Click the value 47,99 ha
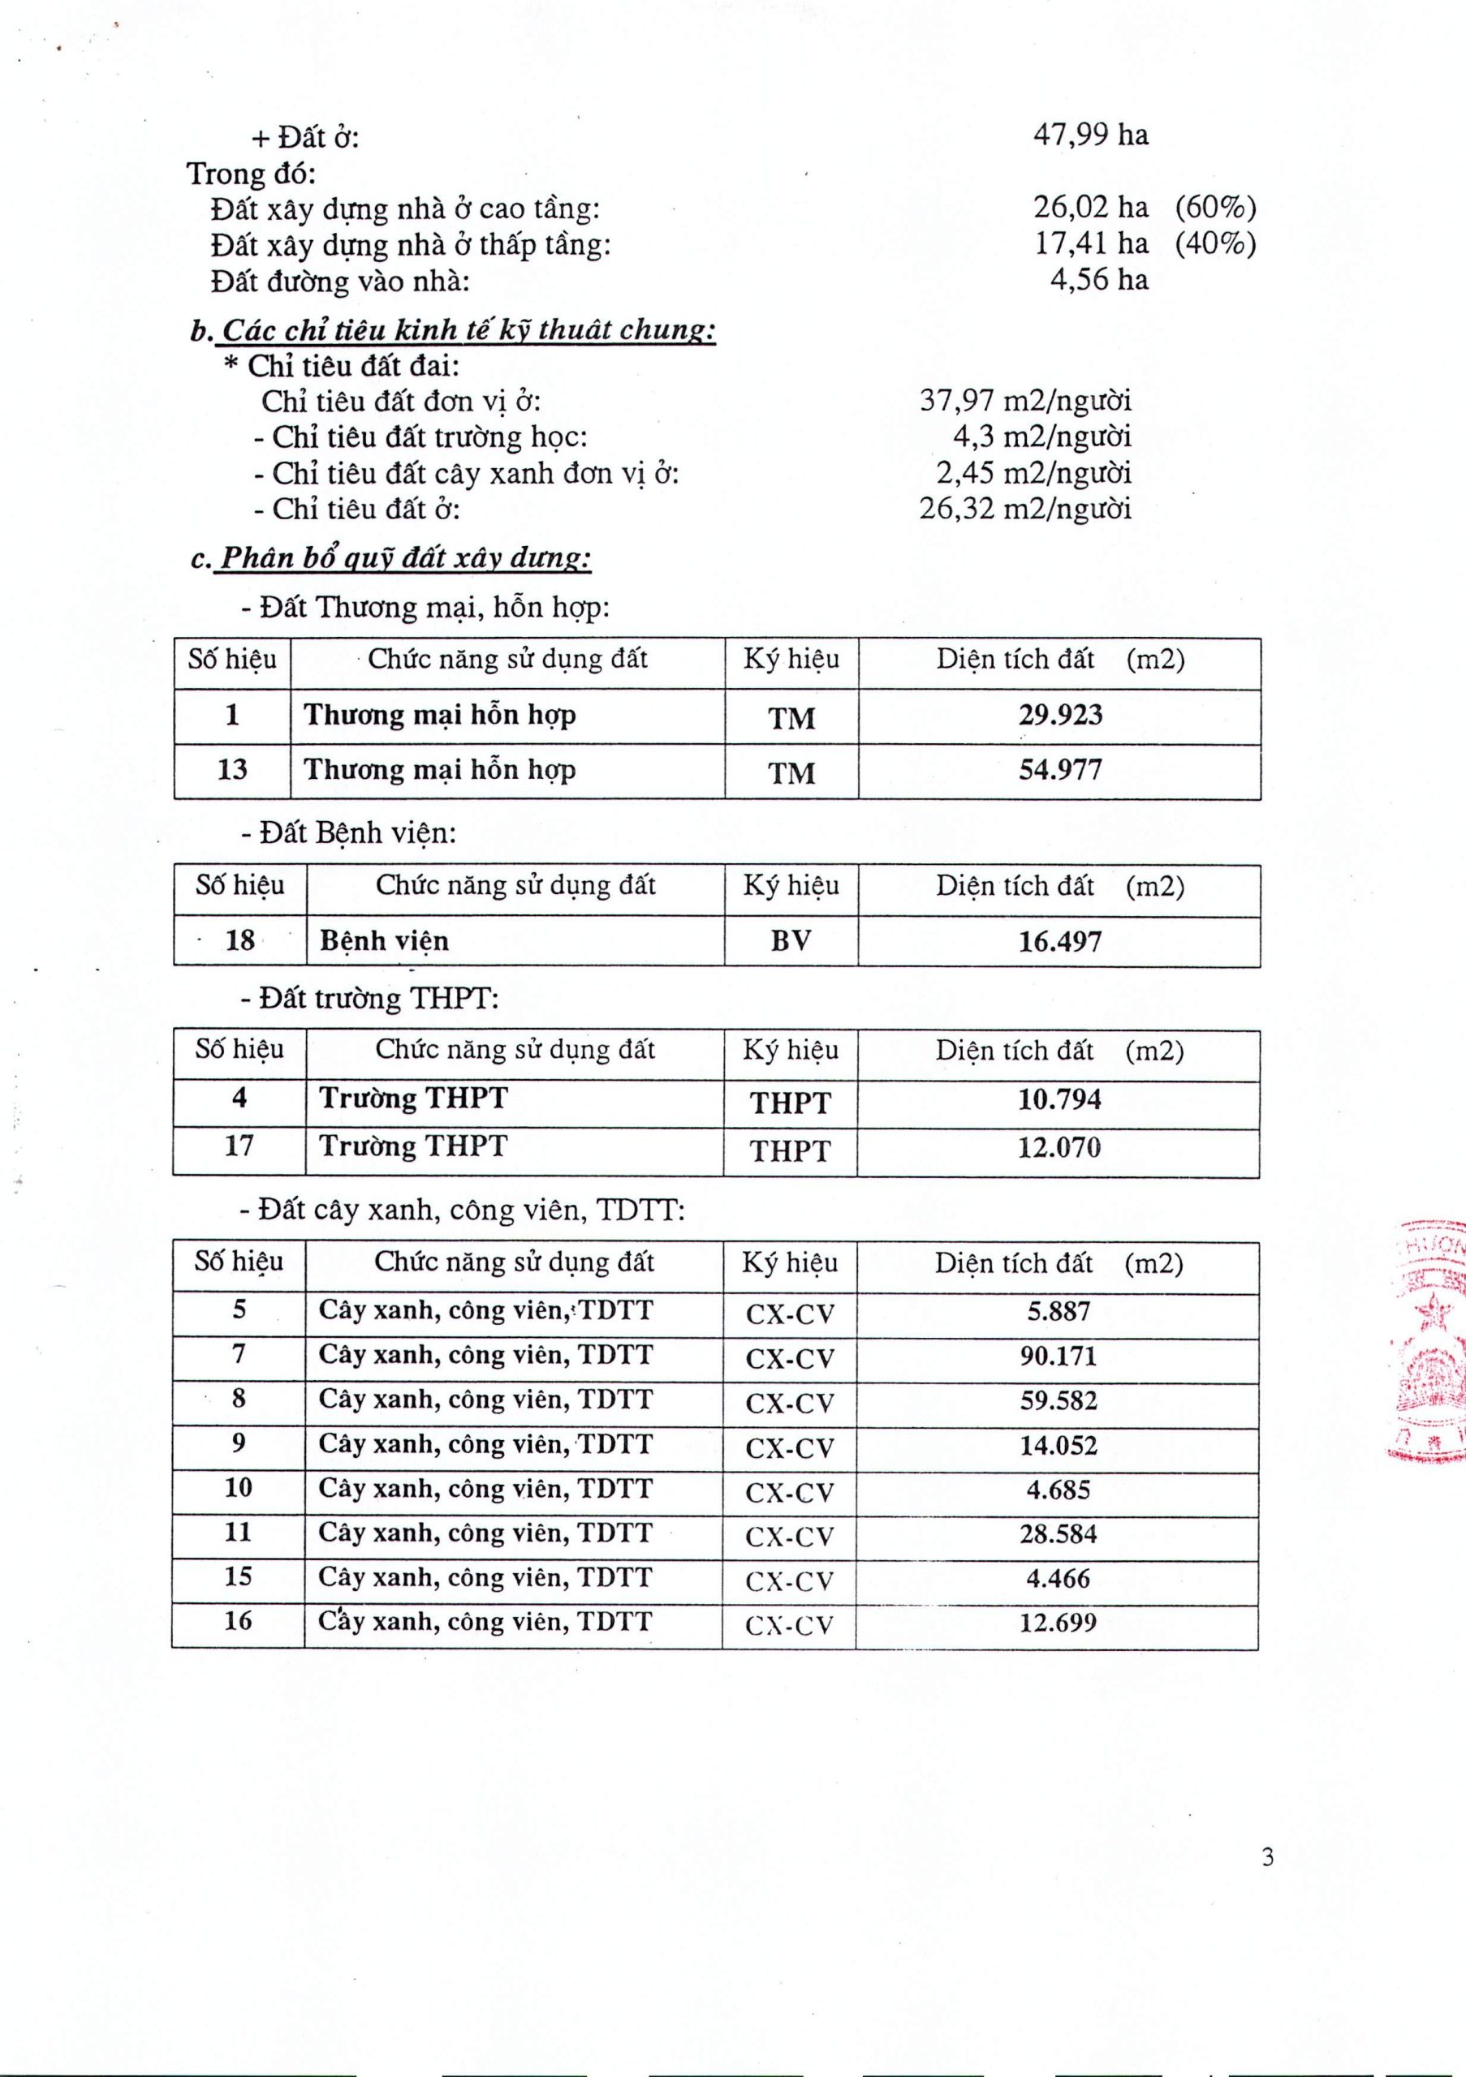coord(1090,135)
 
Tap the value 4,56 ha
coord(1098,280)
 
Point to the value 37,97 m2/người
coord(1025,401)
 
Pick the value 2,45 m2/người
coord(1033,473)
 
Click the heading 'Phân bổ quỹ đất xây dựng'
coord(405,558)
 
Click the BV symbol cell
coord(791,941)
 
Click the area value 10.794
coord(1059,1100)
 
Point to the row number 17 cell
coord(239,1146)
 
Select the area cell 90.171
coord(1058,1356)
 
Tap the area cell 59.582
coord(1058,1401)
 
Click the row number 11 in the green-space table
coord(238,1533)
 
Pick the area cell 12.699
coord(1057,1622)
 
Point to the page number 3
coord(1268,1857)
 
